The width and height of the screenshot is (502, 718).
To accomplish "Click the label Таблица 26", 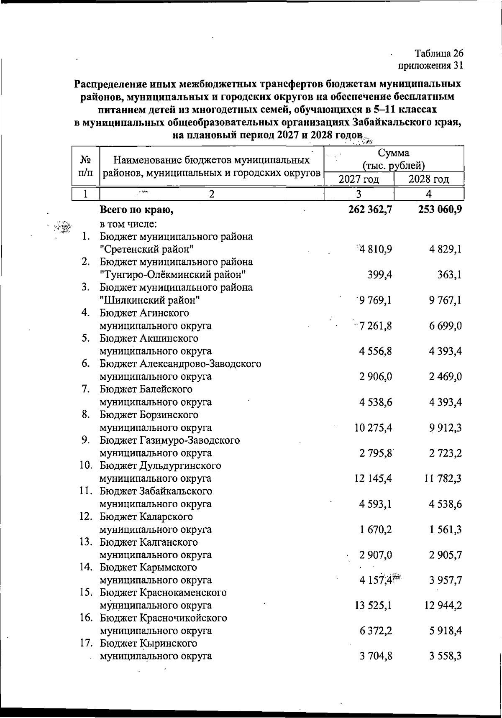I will coord(439,54).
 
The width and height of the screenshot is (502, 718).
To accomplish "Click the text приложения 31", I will coord(430,66).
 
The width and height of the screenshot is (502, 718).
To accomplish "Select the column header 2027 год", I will coord(359,179).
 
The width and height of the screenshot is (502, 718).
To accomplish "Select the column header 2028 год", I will coord(429,179).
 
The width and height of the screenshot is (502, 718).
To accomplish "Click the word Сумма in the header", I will coord(393,153).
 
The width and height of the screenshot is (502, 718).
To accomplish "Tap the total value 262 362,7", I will coord(370,209).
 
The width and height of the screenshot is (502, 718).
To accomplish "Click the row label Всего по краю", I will coord(136,210).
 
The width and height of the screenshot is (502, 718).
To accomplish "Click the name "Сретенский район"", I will coord(146,250).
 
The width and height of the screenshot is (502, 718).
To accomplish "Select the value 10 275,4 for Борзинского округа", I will coord(373,428).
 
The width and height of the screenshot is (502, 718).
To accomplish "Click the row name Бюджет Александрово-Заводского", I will coord(180,364).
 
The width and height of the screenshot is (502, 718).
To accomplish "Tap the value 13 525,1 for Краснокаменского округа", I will coord(373,606).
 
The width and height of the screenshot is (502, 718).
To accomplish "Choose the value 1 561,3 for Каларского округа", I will coord(445,529).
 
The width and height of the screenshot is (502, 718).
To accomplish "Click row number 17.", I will coord(86,643).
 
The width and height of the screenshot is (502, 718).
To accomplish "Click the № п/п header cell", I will coord(86,166).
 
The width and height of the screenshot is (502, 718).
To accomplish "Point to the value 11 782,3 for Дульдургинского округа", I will coord(443,478).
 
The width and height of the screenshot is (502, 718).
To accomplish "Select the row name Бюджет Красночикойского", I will coord(163,618).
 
